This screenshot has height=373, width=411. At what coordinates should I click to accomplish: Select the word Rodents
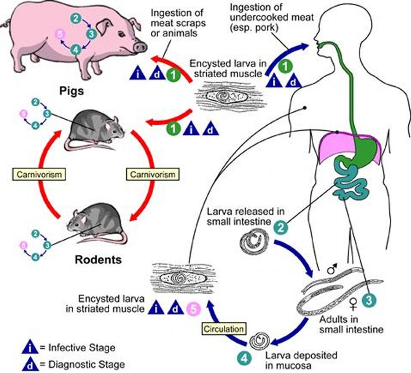98,260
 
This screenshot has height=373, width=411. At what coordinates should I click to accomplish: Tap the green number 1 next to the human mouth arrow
283,67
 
